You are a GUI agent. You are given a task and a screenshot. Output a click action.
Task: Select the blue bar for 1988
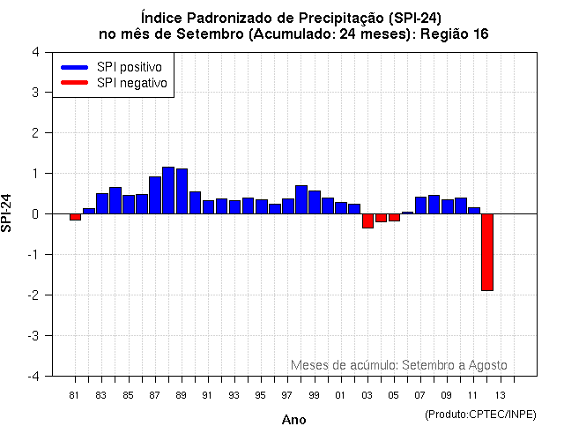point(168,190)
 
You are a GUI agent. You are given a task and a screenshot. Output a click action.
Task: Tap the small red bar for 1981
point(75,217)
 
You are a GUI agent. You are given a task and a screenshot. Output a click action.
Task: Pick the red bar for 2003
point(367,220)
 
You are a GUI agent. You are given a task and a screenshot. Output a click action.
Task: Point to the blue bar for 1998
point(301,199)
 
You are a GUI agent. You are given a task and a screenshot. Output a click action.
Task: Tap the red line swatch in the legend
point(74,83)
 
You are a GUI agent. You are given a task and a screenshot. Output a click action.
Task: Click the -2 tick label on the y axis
point(33,295)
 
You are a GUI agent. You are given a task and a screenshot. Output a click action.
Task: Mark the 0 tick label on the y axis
point(34,213)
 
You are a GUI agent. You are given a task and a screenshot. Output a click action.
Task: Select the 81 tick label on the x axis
point(75,395)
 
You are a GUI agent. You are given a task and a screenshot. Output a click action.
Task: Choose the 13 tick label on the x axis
point(500,395)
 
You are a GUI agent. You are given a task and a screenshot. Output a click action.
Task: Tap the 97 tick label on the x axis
point(287,395)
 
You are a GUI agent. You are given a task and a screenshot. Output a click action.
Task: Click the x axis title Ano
point(293,420)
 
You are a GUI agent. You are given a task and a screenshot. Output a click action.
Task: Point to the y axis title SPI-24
point(8,213)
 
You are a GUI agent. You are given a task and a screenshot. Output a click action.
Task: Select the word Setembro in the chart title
point(211,34)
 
